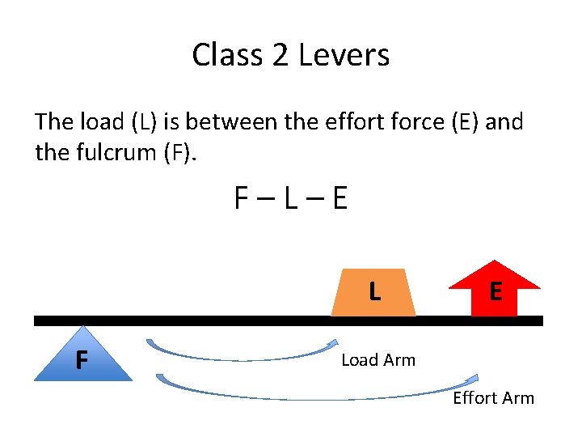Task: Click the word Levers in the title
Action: pyautogui.click(x=344, y=55)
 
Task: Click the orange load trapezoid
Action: pyautogui.click(x=373, y=291)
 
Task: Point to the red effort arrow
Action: pyautogui.click(x=495, y=290)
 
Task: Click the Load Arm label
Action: pyautogui.click(x=378, y=360)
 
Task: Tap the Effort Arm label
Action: pyautogui.click(x=493, y=397)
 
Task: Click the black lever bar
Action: pyautogui.click(x=242, y=320)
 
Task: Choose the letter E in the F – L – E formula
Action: pyautogui.click(x=339, y=198)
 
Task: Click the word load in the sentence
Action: pyautogui.click(x=101, y=122)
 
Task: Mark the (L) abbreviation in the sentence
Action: pyautogui.click(x=143, y=122)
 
